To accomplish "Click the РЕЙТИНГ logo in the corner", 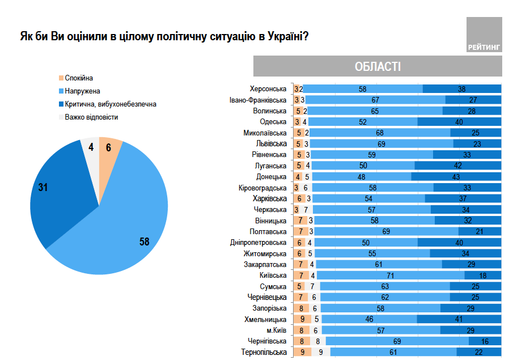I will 484,36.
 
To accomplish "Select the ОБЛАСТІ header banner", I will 377,66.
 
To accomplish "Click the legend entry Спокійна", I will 79,78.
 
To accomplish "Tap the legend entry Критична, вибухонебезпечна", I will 107,104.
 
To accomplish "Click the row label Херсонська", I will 269,89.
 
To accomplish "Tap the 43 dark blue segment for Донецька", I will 456,177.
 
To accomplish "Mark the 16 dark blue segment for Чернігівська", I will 485,341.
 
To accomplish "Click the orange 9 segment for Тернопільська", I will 302,352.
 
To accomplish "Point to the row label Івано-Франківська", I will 258,100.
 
